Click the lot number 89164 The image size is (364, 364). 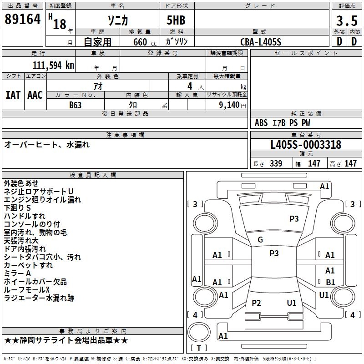[x=22, y=20]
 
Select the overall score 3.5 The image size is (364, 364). [x=346, y=21]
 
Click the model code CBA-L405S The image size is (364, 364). [x=261, y=42]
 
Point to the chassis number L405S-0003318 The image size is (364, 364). [x=305, y=145]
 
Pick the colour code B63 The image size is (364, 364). [x=76, y=104]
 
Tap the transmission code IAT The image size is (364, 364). [x=13, y=95]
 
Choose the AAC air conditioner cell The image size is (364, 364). [x=35, y=95]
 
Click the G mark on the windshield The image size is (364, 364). [x=260, y=240]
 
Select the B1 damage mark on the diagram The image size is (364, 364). [x=330, y=283]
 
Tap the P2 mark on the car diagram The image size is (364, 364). [x=257, y=303]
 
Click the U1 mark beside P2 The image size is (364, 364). [x=292, y=303]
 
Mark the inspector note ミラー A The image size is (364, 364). [x=17, y=273]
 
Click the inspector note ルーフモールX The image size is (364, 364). [x=26, y=290]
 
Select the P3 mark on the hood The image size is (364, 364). [x=294, y=219]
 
